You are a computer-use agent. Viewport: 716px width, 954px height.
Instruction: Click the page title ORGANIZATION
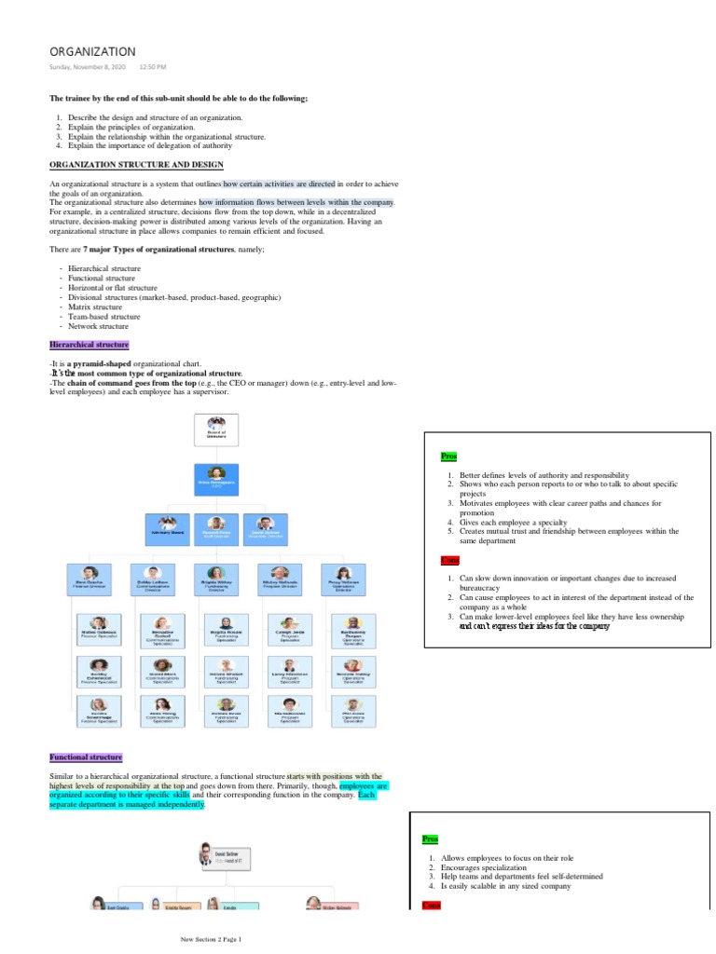point(92,51)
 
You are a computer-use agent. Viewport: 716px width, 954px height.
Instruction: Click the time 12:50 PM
point(153,68)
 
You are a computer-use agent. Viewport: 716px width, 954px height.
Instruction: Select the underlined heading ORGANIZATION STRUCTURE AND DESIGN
point(136,164)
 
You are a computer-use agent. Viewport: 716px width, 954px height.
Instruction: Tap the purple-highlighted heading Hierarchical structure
point(89,345)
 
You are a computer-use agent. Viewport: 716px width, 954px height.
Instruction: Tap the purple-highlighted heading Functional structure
point(86,757)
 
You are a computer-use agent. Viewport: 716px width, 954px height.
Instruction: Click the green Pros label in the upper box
point(449,457)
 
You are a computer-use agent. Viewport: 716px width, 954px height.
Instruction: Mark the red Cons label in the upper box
point(450,560)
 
